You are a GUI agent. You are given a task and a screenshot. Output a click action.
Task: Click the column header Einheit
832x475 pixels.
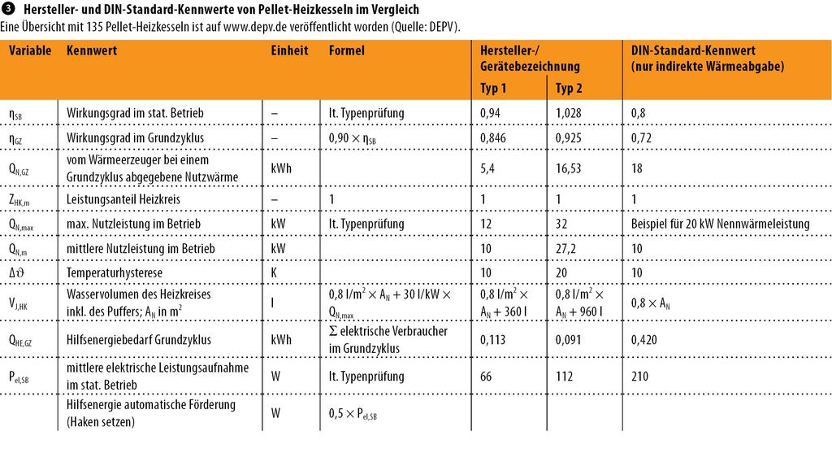289,50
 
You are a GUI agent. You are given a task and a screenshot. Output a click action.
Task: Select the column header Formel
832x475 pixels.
346,50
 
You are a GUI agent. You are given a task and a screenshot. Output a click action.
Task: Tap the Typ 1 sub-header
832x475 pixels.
493,88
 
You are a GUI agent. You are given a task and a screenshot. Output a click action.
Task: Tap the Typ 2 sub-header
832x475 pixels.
568,88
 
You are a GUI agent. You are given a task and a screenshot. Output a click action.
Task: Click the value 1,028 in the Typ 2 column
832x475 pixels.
568,113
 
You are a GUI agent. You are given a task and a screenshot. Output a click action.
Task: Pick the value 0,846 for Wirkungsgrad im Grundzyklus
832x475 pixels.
493,138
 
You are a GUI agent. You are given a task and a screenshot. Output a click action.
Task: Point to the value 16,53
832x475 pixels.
568,168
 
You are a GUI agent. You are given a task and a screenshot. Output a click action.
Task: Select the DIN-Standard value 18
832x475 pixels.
637,168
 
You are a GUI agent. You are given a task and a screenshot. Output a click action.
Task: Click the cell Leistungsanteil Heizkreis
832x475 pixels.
123,199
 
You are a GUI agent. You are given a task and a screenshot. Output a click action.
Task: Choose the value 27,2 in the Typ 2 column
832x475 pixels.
565,249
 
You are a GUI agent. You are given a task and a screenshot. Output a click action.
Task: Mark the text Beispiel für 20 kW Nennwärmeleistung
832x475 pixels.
720,224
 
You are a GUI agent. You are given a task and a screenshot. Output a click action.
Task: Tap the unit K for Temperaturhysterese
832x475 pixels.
275,273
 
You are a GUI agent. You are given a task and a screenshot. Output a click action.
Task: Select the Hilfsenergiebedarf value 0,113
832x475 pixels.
493,340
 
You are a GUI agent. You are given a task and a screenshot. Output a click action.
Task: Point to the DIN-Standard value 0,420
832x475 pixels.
643,340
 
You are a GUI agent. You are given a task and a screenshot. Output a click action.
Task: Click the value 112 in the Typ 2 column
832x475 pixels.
564,377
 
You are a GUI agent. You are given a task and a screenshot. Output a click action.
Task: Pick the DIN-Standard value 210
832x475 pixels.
639,377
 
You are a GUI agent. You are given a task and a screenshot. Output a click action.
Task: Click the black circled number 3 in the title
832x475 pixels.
8,8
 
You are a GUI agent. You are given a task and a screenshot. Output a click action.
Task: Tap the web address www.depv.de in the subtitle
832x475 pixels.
253,27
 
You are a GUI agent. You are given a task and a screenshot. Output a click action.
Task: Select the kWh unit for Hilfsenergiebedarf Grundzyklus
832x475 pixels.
281,340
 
